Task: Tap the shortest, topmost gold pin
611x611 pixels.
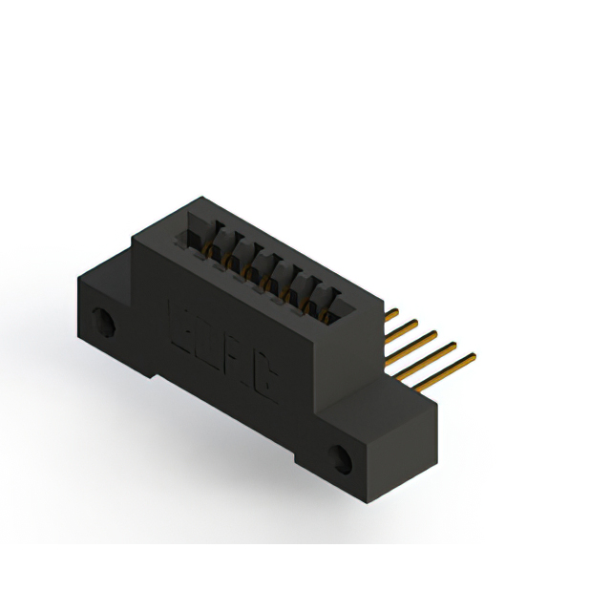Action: click(390, 312)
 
